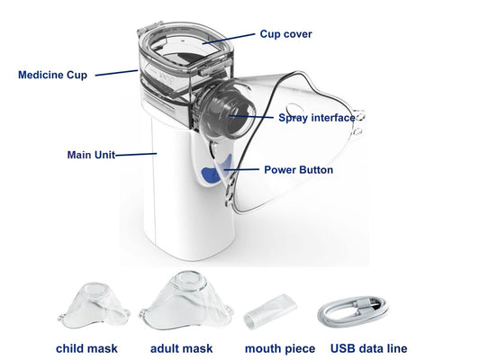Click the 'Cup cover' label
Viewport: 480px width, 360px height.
click(x=285, y=34)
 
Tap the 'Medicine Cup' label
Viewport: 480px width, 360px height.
click(x=52, y=75)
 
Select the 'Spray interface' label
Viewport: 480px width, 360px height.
click(x=317, y=118)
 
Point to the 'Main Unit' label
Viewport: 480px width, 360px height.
click(x=91, y=155)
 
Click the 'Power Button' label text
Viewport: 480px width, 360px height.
click(x=298, y=170)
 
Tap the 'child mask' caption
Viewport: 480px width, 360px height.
click(x=86, y=348)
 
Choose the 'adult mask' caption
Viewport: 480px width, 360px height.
click(x=182, y=348)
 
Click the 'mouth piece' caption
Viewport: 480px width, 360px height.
click(x=280, y=348)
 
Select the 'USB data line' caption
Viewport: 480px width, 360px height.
click(x=369, y=348)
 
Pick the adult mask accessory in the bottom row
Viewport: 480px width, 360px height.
click(x=186, y=301)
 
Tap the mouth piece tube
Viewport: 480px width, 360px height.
click(x=270, y=311)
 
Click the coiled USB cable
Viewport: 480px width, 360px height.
click(x=353, y=312)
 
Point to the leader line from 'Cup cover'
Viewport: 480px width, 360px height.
click(x=229, y=39)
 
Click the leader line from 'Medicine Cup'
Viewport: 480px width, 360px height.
click(x=116, y=73)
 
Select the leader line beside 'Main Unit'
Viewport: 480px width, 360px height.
click(x=136, y=155)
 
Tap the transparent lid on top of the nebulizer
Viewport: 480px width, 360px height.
click(x=186, y=46)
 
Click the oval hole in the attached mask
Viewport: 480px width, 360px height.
click(x=294, y=109)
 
